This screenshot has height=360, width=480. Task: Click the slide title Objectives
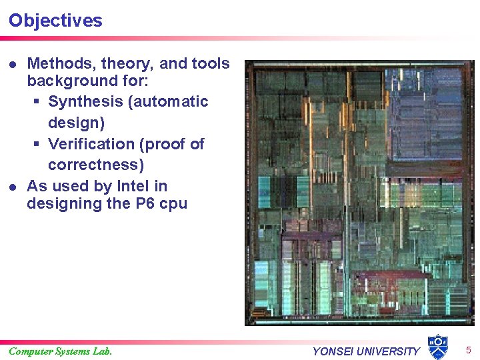[x=55, y=21]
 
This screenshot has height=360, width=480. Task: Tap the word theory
[x=126, y=64]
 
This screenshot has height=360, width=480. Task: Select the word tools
[x=210, y=64]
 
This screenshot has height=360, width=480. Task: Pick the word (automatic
[x=169, y=102]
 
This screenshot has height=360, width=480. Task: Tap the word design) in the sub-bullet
[x=76, y=123]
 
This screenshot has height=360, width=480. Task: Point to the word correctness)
[x=96, y=165]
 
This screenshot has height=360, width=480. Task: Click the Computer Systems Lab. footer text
[x=60, y=351]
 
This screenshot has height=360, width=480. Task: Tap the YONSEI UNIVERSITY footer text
[x=366, y=351]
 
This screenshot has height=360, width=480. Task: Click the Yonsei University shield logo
[x=437, y=347]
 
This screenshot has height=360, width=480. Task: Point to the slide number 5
[x=468, y=350]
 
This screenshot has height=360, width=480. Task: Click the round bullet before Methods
[x=12, y=65]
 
